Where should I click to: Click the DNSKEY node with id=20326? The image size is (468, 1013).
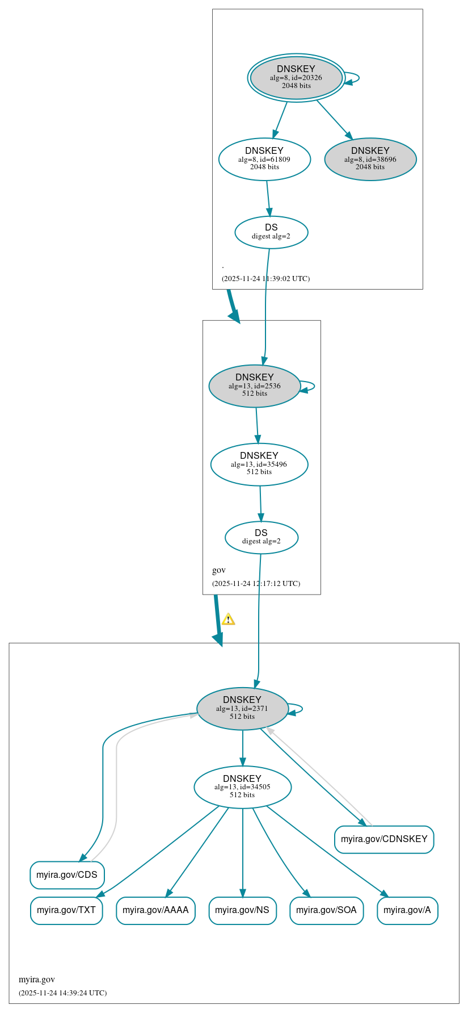tap(296, 77)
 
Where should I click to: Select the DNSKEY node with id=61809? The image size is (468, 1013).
tap(264, 159)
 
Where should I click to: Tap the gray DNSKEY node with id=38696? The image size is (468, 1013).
tap(370, 159)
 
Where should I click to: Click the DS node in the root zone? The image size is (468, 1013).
tap(271, 232)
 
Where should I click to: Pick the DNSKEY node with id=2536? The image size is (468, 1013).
tap(255, 386)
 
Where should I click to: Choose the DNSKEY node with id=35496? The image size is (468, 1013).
tap(259, 464)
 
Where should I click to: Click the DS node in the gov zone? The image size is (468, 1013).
tap(261, 537)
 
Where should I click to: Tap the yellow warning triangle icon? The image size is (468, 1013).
tap(228, 619)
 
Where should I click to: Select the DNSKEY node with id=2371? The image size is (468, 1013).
tap(242, 708)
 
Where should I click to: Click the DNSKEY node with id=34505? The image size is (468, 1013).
tap(242, 786)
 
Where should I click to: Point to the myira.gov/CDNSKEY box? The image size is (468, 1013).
tap(384, 839)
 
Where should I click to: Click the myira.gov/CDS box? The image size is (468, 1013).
tap(67, 874)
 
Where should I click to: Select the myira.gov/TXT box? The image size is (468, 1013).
tap(66, 910)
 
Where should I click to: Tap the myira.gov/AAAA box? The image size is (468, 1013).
tap(155, 910)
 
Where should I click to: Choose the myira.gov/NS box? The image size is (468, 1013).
tap(242, 910)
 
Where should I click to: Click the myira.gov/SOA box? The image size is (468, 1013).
tap(326, 910)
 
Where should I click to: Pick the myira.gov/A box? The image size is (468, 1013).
tap(407, 910)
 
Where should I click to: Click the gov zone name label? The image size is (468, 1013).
tap(219, 570)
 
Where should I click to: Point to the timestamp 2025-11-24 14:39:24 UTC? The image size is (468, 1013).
tap(62, 993)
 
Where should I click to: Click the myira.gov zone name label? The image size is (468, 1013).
tap(37, 979)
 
